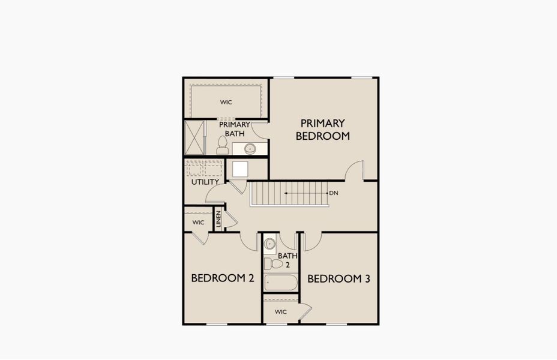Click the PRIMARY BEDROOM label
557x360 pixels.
(x=322, y=130)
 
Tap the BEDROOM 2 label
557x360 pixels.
(x=223, y=278)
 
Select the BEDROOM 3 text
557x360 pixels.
(x=339, y=278)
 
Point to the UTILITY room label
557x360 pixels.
(x=205, y=182)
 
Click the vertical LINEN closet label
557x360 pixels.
(x=218, y=219)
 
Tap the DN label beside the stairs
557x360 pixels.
(x=334, y=193)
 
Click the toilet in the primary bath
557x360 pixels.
(x=223, y=145)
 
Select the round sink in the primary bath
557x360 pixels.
(x=250, y=148)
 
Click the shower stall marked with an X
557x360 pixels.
(x=194, y=138)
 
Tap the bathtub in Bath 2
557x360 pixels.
(x=281, y=283)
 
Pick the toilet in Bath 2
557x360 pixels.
(x=273, y=263)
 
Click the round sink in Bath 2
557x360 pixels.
(x=270, y=244)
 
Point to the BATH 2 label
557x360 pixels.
(x=288, y=260)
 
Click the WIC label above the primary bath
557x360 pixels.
(x=226, y=102)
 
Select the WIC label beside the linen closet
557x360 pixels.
(x=198, y=223)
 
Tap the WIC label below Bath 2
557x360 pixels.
(x=281, y=312)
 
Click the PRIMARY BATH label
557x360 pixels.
(x=235, y=129)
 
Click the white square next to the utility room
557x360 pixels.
(x=240, y=169)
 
